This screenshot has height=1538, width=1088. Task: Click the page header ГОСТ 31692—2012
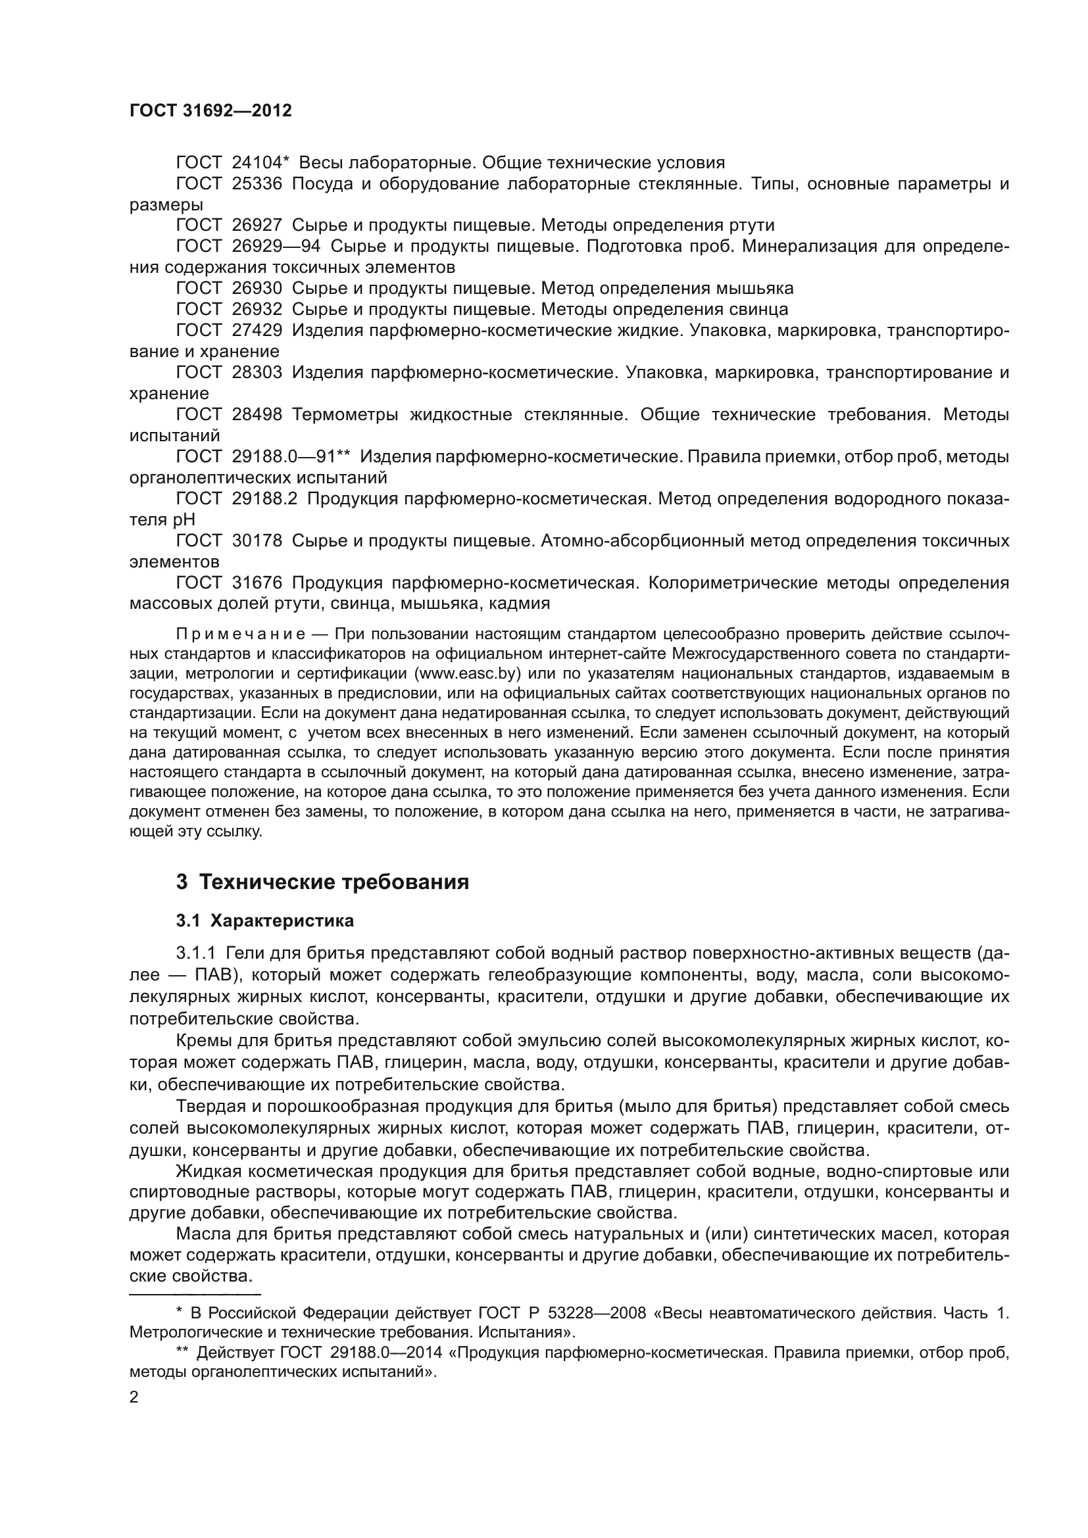[x=210, y=111]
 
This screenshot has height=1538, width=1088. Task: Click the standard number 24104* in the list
[x=260, y=163]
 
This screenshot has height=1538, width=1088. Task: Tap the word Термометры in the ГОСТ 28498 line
[x=346, y=415]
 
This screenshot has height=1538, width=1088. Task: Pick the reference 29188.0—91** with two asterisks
[x=291, y=457]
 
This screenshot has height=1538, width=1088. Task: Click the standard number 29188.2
[x=264, y=498]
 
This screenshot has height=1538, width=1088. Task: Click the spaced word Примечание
[x=241, y=634]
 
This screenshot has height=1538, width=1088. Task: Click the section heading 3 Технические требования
[x=322, y=882]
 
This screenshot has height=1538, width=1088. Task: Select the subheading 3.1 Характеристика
[x=264, y=921]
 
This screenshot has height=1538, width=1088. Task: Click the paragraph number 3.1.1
[x=195, y=953]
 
